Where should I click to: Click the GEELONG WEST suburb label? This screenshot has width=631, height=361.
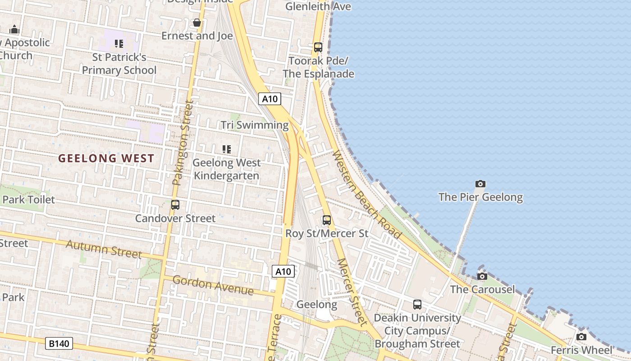pos(106,158)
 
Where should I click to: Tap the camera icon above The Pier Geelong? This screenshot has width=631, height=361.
pos(480,184)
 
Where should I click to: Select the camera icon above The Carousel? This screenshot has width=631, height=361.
pos(482,276)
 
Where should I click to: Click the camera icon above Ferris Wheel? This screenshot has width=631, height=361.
pos(581,337)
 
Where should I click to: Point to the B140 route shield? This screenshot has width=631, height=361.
pos(59,343)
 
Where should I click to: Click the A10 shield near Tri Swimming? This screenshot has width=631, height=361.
pos(270,99)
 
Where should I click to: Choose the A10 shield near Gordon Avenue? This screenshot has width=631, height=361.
pos(283,271)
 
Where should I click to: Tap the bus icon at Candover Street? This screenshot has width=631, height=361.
pos(175,205)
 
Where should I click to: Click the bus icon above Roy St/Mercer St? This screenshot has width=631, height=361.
pos(327,220)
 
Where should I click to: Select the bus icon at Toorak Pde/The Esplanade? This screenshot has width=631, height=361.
pos(318,47)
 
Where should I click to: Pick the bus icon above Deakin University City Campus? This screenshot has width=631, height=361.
pos(417,305)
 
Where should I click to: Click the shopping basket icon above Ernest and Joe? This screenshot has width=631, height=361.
pos(197,22)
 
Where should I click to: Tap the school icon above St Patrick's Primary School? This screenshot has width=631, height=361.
pos(119,44)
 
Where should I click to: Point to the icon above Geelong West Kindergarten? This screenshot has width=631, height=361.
pos(226,149)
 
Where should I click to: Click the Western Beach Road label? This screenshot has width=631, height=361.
pos(366,194)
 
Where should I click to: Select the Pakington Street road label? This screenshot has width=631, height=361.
pos(183,143)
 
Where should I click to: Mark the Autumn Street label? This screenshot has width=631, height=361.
pos(104,249)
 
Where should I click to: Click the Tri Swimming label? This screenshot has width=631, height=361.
pos(255,125)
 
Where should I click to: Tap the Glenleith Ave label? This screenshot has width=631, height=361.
pos(318,6)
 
